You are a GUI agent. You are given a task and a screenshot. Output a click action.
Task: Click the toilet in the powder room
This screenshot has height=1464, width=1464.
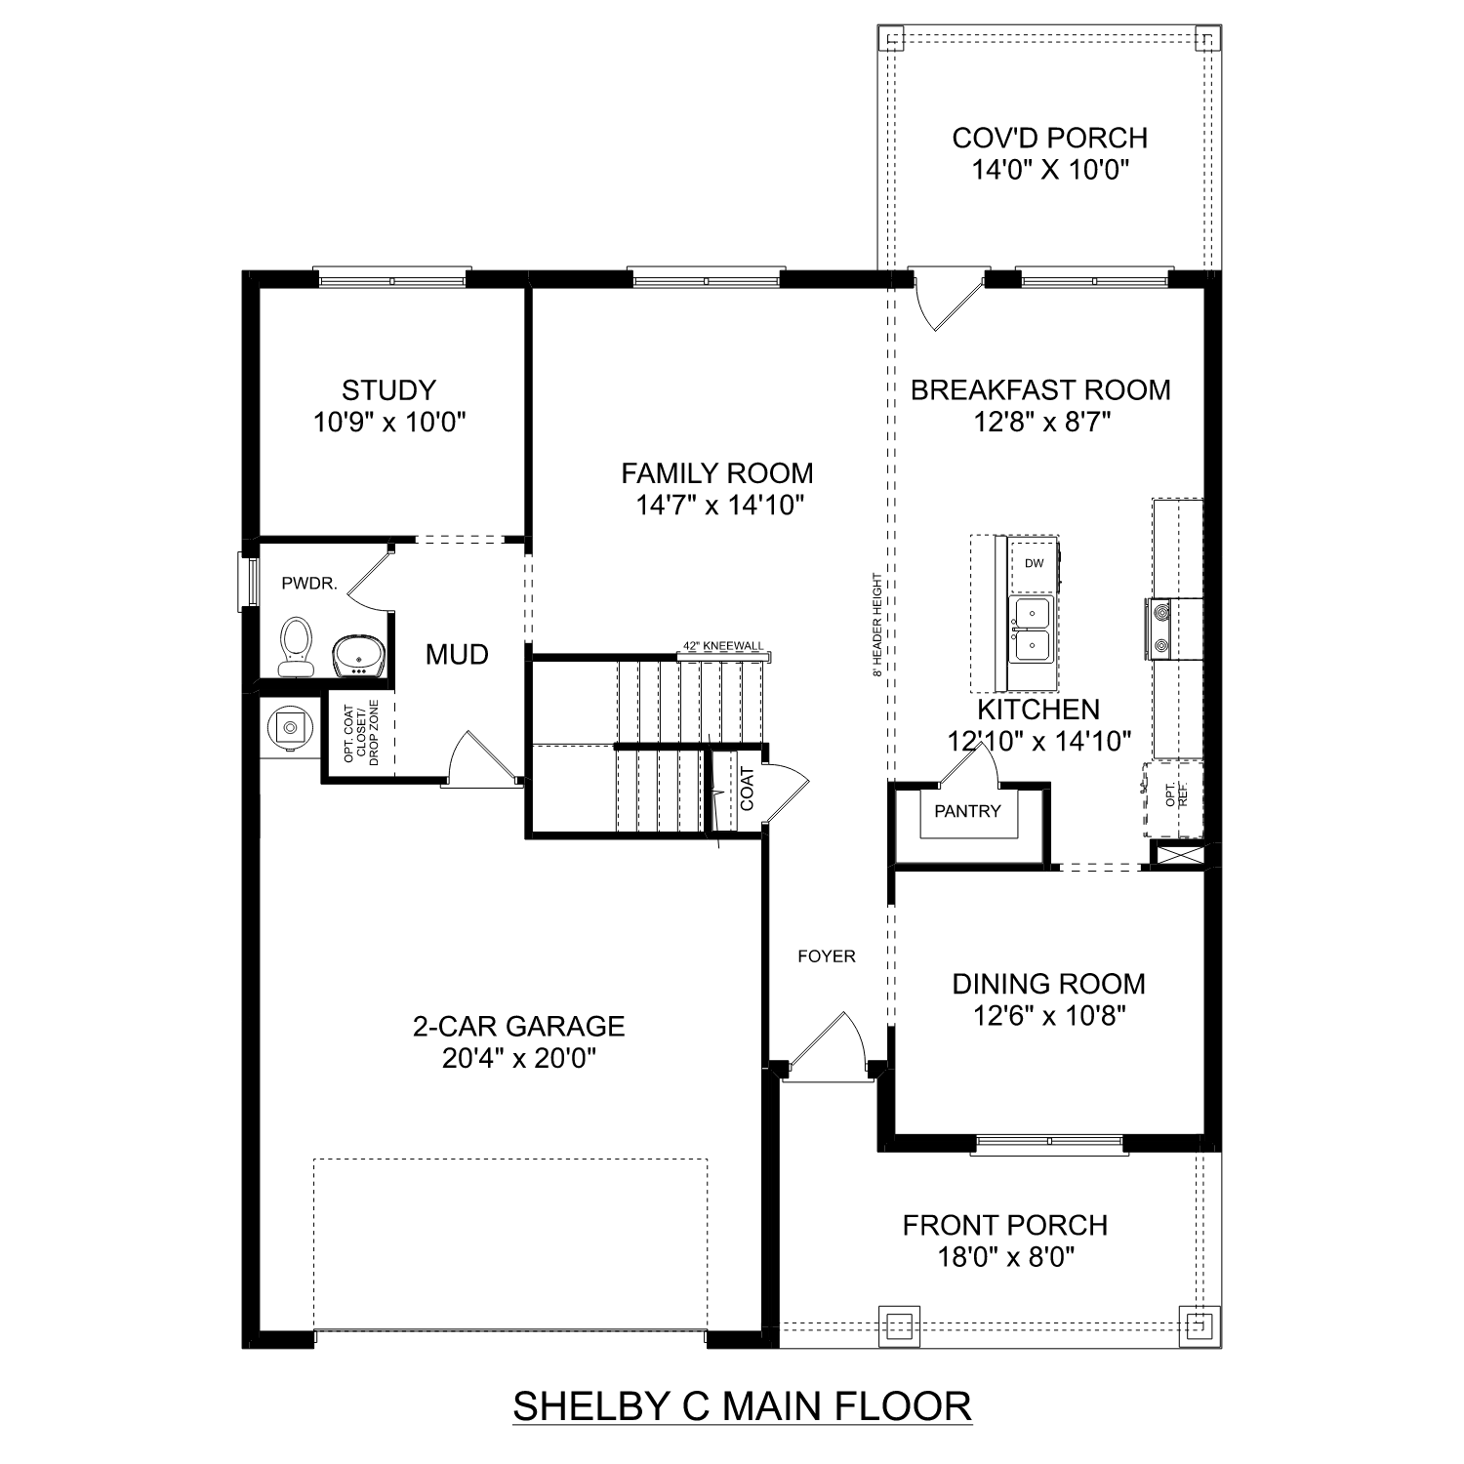tap(296, 646)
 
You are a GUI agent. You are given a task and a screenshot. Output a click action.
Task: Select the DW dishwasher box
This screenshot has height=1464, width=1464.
tap(1034, 563)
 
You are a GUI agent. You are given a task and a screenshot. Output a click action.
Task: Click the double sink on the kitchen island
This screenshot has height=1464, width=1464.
tap(1031, 630)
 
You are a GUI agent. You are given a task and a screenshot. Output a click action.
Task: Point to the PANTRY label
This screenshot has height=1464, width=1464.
tap(967, 811)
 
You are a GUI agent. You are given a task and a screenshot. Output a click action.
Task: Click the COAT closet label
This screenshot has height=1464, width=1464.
tap(747, 789)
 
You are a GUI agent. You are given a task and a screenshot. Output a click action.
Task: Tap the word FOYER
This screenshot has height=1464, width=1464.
tap(826, 956)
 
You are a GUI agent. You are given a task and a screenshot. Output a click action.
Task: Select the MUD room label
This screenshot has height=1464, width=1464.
tap(457, 655)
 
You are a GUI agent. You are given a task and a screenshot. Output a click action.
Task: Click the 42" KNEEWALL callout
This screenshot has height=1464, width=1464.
tap(723, 646)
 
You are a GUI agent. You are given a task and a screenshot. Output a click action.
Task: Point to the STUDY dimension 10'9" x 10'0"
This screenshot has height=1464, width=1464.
tap(389, 423)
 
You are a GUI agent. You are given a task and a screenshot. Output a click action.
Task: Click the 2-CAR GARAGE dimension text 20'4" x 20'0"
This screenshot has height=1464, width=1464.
tap(518, 1059)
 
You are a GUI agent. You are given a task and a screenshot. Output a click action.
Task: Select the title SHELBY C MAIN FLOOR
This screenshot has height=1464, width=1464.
tap(742, 1406)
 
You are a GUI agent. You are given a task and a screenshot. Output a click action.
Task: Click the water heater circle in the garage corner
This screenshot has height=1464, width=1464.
tap(290, 726)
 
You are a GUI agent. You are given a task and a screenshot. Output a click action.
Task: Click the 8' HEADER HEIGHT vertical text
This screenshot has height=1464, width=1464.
tap(878, 625)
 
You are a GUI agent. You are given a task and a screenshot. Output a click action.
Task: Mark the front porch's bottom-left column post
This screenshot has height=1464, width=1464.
tap(898, 1325)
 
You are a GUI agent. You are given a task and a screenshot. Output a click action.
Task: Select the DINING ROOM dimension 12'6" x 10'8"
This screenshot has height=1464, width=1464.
tap(1049, 1017)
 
